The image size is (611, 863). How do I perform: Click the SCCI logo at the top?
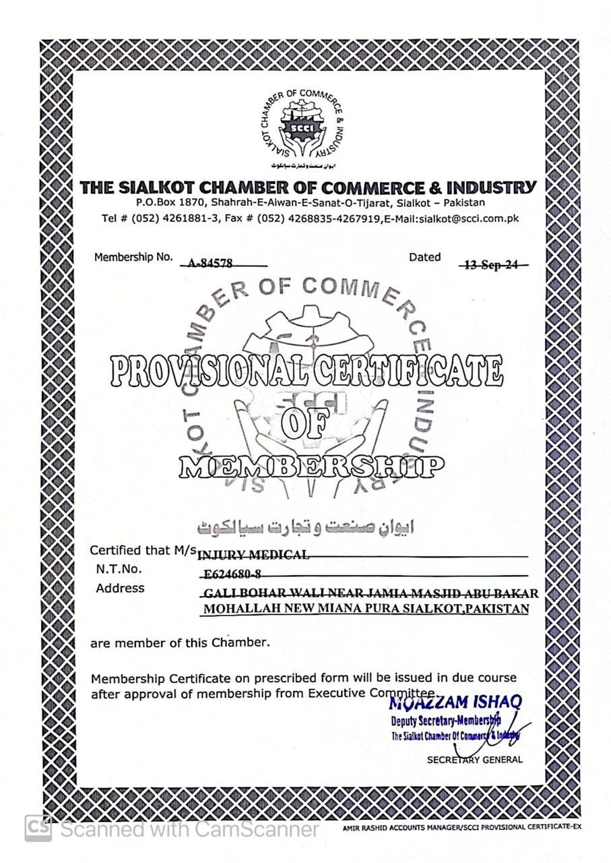click(x=302, y=127)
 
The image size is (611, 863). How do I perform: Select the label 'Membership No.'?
click(x=133, y=257)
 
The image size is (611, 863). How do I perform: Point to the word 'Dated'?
click(x=424, y=257)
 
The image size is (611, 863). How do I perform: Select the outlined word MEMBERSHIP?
click(x=311, y=466)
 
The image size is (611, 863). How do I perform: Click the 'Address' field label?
click(x=120, y=588)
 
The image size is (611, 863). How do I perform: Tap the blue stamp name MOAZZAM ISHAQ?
click(x=455, y=702)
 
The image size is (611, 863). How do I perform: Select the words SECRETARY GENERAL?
click(x=474, y=759)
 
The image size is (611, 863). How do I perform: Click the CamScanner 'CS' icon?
click(x=38, y=828)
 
